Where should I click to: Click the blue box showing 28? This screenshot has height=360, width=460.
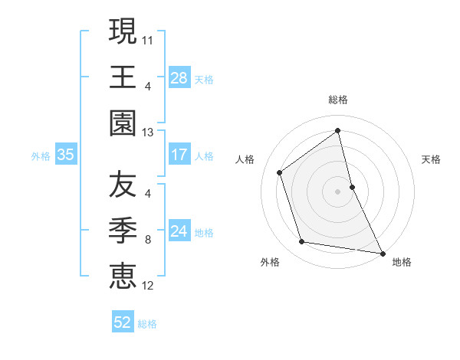[x=179, y=77]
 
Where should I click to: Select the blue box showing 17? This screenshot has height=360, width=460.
[x=179, y=155]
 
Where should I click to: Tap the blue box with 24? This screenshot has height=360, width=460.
[x=179, y=231]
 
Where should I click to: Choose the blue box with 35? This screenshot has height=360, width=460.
[x=65, y=155]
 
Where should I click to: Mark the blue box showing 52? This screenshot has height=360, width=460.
[x=123, y=322]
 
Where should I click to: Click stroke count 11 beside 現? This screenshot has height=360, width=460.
[x=148, y=38]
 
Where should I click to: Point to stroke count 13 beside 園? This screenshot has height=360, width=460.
[x=148, y=132]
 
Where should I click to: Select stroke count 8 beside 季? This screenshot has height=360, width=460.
[x=147, y=239]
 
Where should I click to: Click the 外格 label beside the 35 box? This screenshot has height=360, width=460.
[x=41, y=155]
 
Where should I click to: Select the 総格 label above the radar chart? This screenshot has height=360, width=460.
[x=337, y=100]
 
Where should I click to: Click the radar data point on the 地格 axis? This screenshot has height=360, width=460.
[x=382, y=252]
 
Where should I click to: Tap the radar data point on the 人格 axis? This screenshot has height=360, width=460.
[x=280, y=172]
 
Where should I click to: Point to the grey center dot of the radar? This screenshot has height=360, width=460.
[x=337, y=191]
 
